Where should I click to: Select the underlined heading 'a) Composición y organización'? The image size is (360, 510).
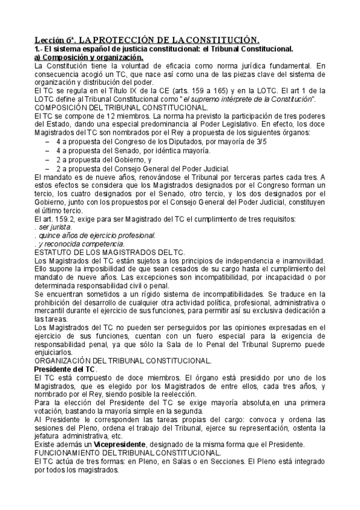87,57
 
